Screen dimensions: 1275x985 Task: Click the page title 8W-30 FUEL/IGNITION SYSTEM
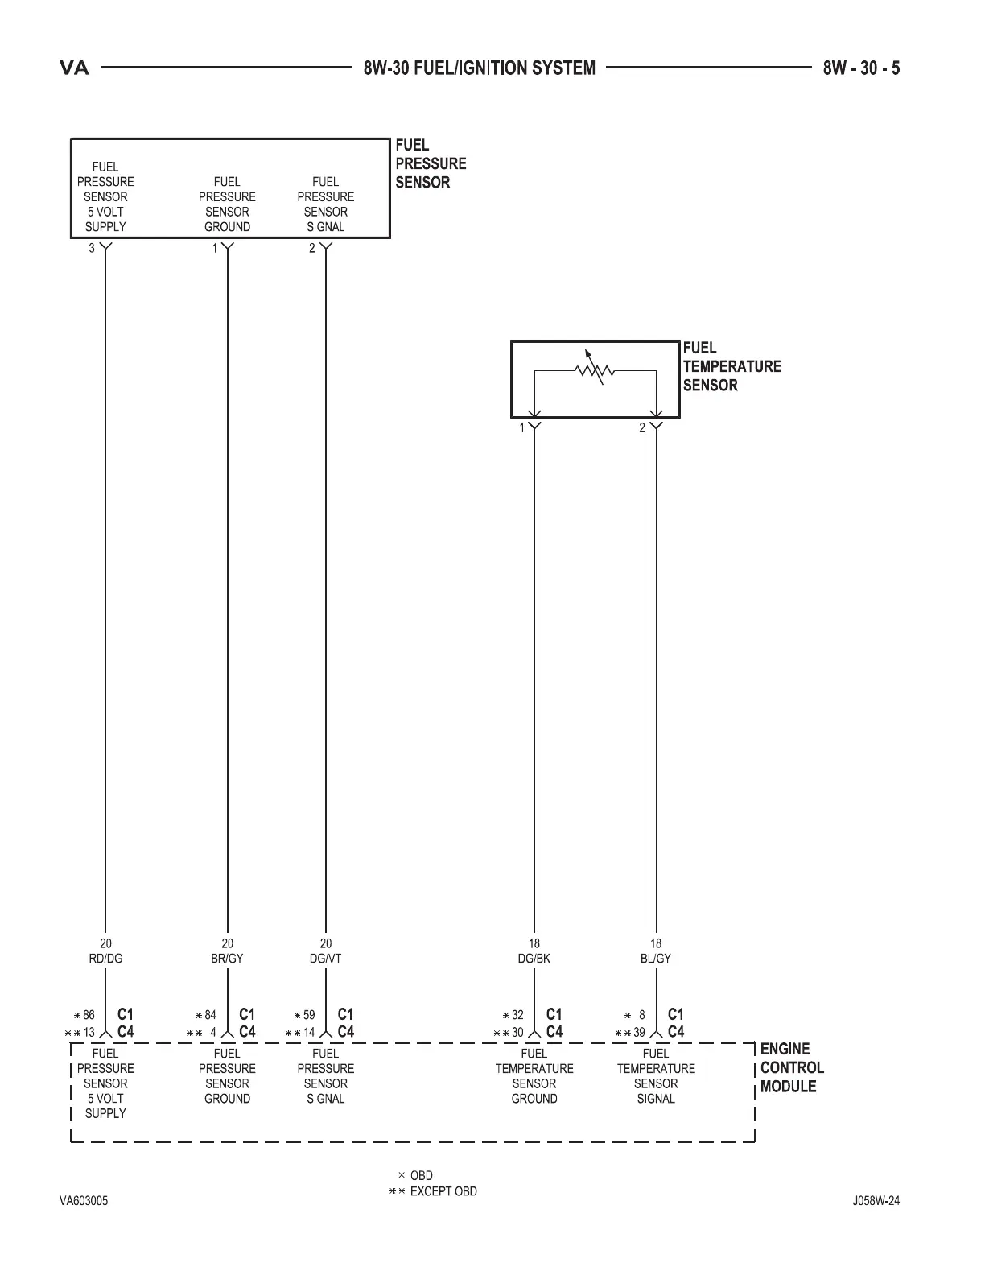(480, 68)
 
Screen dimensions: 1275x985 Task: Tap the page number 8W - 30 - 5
(861, 68)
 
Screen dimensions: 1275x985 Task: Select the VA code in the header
(75, 68)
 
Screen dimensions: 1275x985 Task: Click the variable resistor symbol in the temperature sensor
(595, 369)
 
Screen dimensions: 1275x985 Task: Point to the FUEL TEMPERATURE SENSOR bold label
(732, 366)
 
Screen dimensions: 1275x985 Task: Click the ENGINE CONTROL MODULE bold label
(792, 1067)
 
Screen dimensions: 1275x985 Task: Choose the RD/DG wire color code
(105, 959)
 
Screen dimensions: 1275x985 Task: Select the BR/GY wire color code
(227, 959)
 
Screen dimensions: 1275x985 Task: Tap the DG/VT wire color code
(325, 959)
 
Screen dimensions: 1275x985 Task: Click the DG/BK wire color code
(534, 959)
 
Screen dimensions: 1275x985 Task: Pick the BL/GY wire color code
(656, 959)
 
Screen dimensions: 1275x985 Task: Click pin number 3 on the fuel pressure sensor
(92, 248)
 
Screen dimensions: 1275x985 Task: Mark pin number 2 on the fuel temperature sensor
(642, 428)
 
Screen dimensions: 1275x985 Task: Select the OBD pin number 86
(89, 1015)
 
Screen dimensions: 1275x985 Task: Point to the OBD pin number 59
(309, 1015)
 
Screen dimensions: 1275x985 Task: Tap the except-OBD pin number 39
(639, 1033)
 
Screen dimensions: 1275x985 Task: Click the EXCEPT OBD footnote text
(443, 1191)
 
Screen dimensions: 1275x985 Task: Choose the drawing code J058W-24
(876, 1201)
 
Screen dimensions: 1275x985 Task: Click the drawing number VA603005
(84, 1201)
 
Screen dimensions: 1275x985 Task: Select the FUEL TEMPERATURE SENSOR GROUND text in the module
(534, 1075)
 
